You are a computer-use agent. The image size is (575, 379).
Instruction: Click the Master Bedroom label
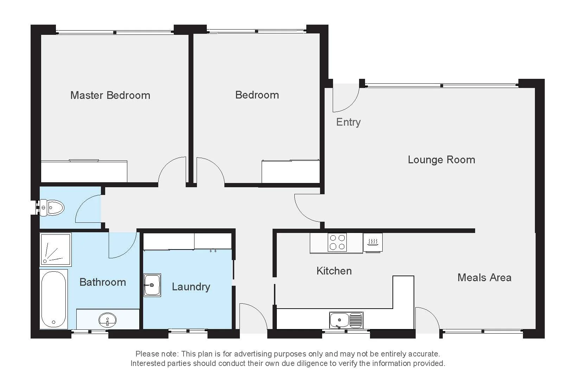click(x=110, y=95)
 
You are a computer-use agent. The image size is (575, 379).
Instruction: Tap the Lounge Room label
click(x=441, y=160)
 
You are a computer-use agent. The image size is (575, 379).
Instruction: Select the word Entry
click(x=348, y=122)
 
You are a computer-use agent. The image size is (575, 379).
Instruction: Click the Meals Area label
click(x=484, y=278)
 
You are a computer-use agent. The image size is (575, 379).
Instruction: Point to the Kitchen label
click(x=334, y=271)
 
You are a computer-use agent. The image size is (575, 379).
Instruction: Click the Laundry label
click(x=191, y=287)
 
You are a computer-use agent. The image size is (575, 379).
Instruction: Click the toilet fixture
click(x=52, y=208)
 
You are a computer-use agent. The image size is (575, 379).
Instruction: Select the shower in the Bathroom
click(x=56, y=249)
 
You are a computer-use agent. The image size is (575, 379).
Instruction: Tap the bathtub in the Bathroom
click(x=54, y=299)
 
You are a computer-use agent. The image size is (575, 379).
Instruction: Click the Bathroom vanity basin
click(x=108, y=320)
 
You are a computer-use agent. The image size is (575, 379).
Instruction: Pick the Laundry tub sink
click(x=152, y=285)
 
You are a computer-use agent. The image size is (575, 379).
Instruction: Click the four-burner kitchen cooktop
click(x=337, y=242)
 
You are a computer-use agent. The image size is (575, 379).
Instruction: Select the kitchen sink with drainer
click(x=346, y=320)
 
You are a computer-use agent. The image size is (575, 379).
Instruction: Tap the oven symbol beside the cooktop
click(x=373, y=242)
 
